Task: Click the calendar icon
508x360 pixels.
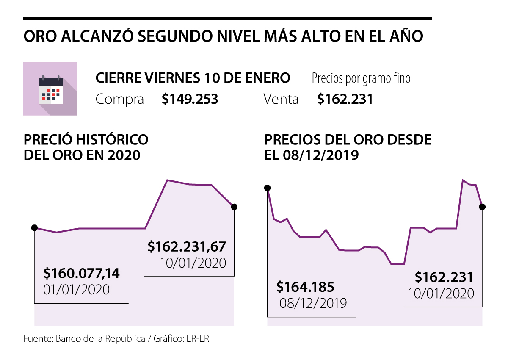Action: tap(50, 89)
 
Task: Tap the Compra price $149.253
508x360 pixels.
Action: tap(190, 100)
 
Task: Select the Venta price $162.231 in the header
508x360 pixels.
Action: tap(345, 100)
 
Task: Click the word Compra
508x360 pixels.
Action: tap(119, 100)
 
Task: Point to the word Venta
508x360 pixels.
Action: tap(281, 100)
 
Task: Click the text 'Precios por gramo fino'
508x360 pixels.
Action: tap(361, 78)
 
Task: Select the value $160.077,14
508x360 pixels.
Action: tap(82, 274)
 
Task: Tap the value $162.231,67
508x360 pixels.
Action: tap(187, 246)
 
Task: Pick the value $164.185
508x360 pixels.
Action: tap(305, 287)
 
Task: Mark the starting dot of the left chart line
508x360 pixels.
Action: tap(34, 227)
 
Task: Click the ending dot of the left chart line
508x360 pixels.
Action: tap(235, 207)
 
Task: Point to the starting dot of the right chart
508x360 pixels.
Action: tap(267, 188)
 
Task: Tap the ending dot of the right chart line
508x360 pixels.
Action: tap(482, 207)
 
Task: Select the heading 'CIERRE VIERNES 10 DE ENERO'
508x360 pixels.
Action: tap(193, 78)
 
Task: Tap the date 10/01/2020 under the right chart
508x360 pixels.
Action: tap(441, 294)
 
